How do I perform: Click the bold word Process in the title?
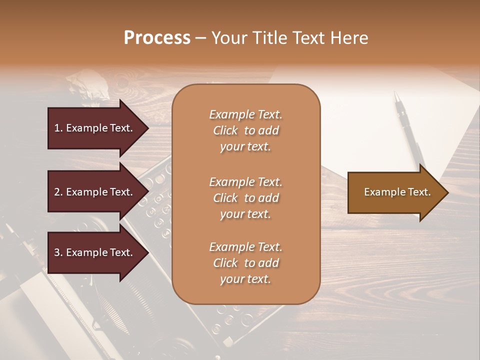(157, 38)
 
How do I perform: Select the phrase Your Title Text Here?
(289, 38)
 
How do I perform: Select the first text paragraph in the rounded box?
(245, 130)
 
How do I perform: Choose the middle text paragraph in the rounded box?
(245, 197)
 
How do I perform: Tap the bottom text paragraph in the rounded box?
(245, 263)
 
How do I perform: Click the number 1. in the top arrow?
(58, 128)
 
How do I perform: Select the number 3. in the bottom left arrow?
(58, 252)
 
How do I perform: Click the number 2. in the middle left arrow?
(58, 192)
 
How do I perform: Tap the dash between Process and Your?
(201, 38)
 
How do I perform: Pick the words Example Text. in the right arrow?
(397, 192)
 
